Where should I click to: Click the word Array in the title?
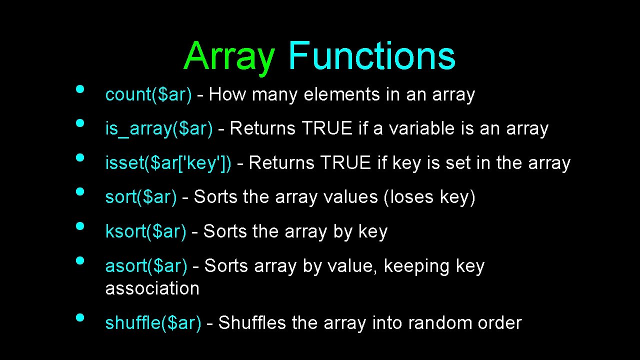tap(229, 56)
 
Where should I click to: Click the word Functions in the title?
tap(371, 55)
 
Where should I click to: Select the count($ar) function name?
tap(148, 94)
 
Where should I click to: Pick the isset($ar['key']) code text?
tap(168, 163)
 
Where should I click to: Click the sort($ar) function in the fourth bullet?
tap(141, 197)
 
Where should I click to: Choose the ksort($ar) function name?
tap(145, 232)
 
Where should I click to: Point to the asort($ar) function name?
tap(146, 266)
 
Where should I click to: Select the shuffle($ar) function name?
tap(153, 323)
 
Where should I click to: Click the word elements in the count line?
tap(341, 94)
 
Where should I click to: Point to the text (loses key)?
tap(429, 197)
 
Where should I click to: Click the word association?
tap(152, 288)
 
